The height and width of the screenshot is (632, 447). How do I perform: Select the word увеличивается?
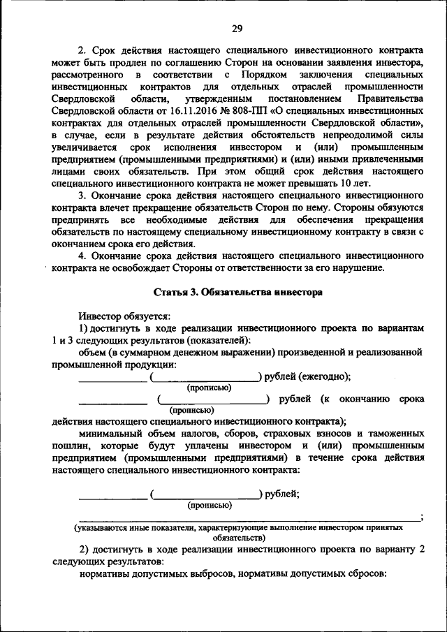(x=82, y=147)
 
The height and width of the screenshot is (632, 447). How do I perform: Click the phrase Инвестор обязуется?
(x=119, y=315)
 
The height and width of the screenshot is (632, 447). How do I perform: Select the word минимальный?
(x=112, y=433)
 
